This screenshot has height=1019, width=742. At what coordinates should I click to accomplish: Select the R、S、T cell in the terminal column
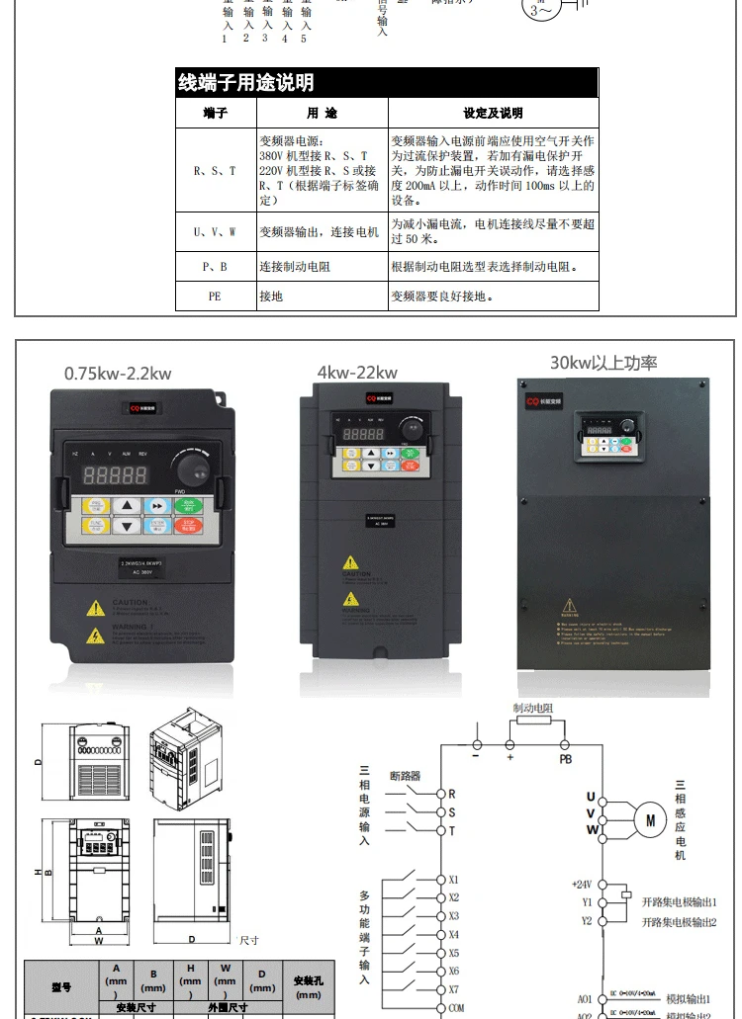tap(215, 170)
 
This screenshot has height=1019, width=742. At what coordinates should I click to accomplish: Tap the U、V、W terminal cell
tap(215, 231)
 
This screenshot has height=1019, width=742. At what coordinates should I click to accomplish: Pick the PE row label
tap(215, 296)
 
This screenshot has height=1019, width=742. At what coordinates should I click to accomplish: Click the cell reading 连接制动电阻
tap(292, 267)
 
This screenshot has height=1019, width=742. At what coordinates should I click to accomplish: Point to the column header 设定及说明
tap(493, 114)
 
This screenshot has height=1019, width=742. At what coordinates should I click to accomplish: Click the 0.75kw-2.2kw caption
tap(118, 373)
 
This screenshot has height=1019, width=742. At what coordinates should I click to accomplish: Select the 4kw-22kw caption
tap(357, 372)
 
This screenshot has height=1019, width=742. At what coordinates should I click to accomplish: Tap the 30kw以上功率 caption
tap(603, 363)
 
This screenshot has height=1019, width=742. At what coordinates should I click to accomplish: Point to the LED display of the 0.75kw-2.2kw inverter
tap(116, 474)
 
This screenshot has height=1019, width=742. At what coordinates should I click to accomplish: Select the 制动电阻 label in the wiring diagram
tap(532, 709)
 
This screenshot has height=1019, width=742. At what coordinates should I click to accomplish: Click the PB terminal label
tap(565, 759)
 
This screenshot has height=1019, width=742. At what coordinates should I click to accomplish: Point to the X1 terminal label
tap(453, 879)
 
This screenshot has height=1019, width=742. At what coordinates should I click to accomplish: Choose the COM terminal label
tap(455, 1007)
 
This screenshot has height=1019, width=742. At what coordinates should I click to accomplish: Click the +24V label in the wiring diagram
tap(583, 885)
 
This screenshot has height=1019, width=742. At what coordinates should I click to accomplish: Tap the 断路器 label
tap(406, 776)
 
